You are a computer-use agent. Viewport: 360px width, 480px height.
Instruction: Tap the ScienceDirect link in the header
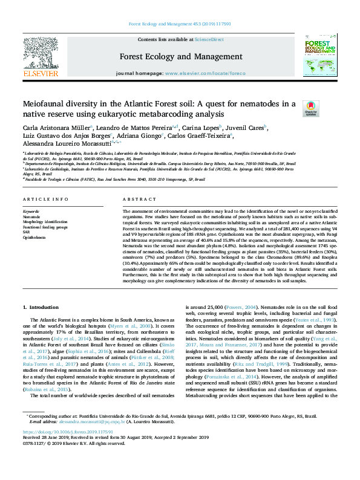tap(209, 39)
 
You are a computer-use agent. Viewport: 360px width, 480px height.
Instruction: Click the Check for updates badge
tap(327, 108)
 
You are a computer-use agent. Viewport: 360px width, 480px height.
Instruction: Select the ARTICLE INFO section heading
tap(45, 199)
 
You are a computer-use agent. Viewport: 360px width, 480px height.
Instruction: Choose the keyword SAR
tap(26, 231)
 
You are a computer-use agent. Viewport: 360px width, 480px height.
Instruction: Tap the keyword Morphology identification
tap(45, 222)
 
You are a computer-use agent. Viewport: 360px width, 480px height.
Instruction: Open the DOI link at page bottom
tap(59, 450)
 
